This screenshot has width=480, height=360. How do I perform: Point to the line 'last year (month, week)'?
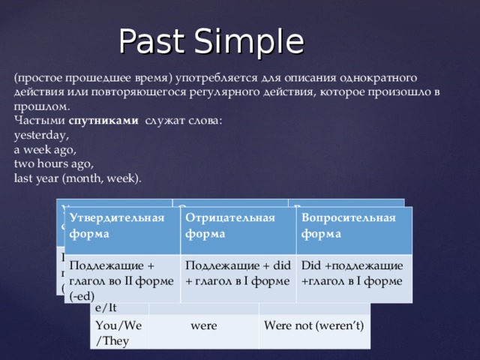(x=77, y=178)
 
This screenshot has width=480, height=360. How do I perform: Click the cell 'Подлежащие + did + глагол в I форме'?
(x=237, y=273)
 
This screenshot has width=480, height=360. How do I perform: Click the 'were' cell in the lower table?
(x=203, y=326)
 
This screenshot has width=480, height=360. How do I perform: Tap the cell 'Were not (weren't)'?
(x=313, y=326)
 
